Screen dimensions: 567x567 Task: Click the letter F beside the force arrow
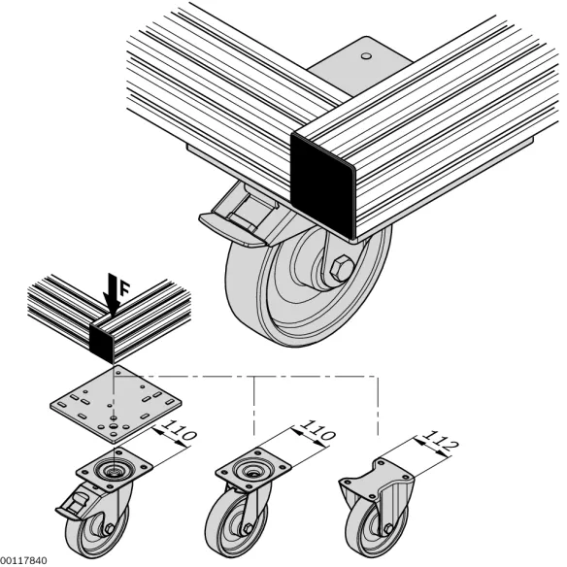coord(124,289)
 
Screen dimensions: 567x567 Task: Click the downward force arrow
coord(113,295)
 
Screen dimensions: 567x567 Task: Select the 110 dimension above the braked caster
coord(179,429)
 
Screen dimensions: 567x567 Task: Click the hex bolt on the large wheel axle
coord(341,268)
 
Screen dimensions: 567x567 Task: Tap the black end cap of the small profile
coord(103,343)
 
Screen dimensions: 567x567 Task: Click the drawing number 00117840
coord(23,560)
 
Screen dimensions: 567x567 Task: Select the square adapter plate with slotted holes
coord(116,404)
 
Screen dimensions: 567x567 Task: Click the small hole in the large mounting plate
coord(366,56)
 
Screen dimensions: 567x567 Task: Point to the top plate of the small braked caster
coord(115,469)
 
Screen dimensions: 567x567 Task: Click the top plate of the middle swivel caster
coord(253,469)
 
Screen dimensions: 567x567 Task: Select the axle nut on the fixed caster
coord(388,529)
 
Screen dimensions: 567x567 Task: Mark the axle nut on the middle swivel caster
coord(249,529)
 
